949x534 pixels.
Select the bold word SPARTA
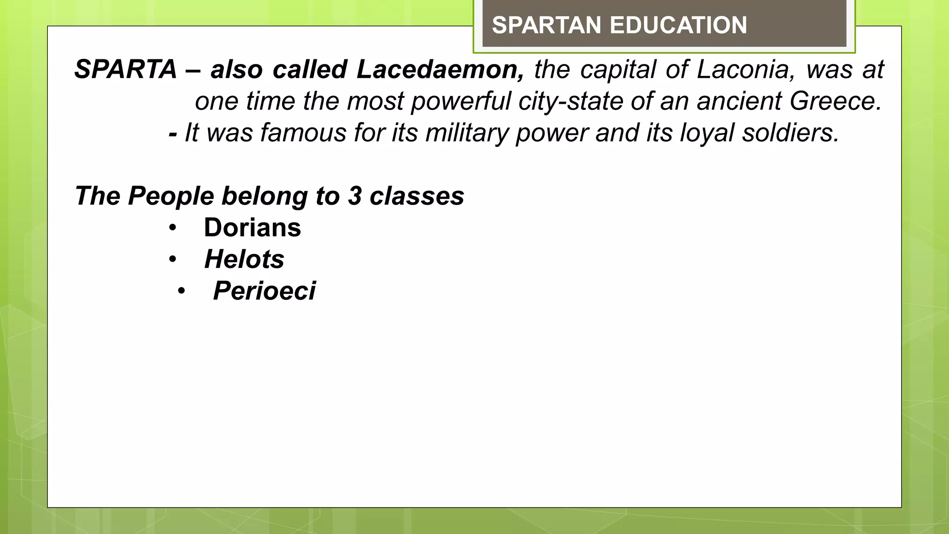[x=126, y=70]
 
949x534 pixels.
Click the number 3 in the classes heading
[x=354, y=196]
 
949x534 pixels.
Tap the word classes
[x=417, y=196]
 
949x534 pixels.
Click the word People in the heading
[x=171, y=196]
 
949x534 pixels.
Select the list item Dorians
[x=253, y=228]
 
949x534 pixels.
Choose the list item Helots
[x=244, y=259]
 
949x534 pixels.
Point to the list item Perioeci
[x=264, y=291]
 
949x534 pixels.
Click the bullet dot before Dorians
[x=173, y=228]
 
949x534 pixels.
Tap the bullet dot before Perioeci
[x=181, y=291]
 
